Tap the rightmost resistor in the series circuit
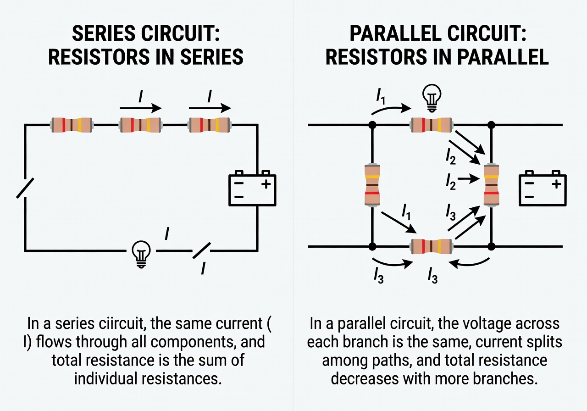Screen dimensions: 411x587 pos(210,124)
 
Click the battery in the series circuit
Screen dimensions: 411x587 pos(252,188)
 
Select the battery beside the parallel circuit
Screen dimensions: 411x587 pos(541,188)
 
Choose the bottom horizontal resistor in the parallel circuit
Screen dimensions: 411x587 pos(432,246)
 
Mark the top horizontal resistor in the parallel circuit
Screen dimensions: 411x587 pos(432,124)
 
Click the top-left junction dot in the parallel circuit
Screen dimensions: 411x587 pos(372,124)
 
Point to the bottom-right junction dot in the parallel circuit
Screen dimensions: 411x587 pos(491,247)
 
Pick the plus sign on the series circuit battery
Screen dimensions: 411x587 pos(266,184)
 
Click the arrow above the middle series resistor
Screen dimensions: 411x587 pos(140,108)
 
